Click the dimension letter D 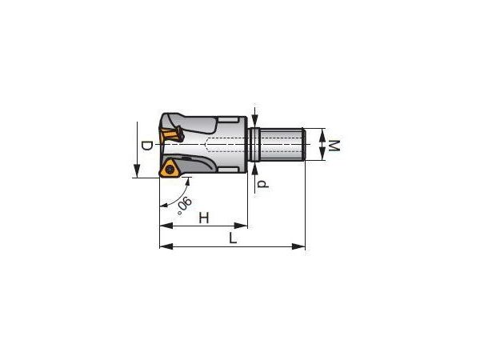pyautogui.click(x=146, y=146)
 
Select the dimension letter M pyautogui.click(x=334, y=146)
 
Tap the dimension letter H pyautogui.click(x=204, y=218)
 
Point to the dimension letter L pyautogui.click(x=234, y=238)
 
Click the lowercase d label pyautogui.click(x=262, y=184)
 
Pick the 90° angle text pyautogui.click(x=184, y=206)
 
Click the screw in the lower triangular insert pyautogui.click(x=169, y=169)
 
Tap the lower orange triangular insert pyautogui.click(x=169, y=169)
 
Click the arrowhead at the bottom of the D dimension pyautogui.click(x=137, y=171)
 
